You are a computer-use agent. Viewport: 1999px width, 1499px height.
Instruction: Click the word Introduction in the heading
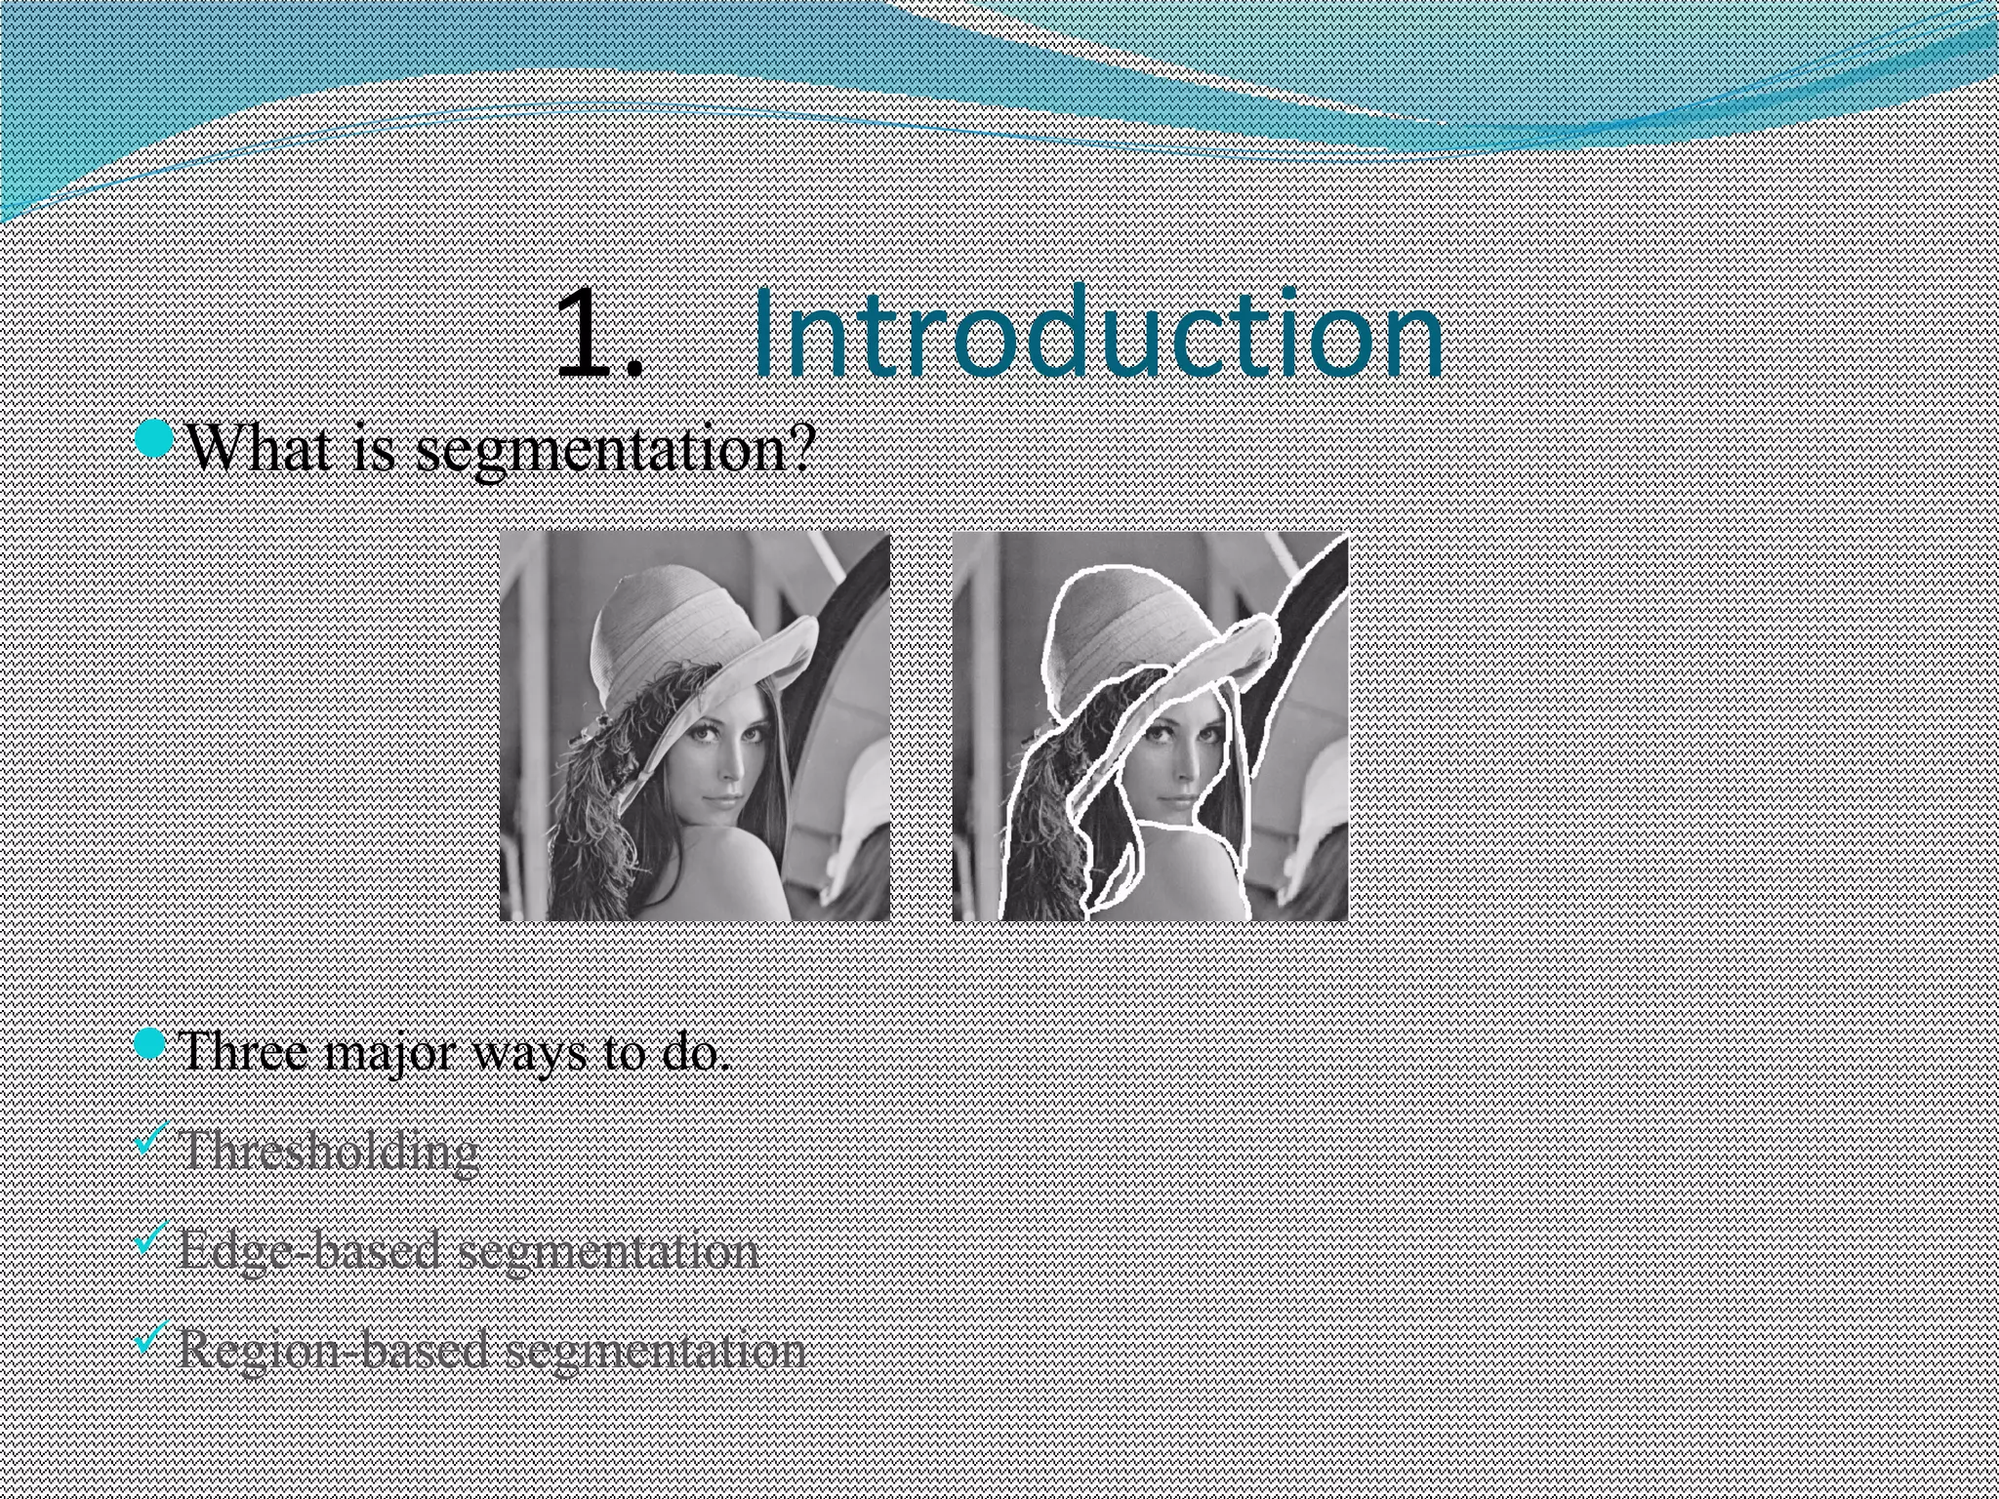[x=1097, y=334]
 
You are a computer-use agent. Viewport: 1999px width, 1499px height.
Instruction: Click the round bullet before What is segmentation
[x=154, y=439]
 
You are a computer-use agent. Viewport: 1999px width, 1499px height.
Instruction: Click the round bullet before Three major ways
[x=152, y=1045]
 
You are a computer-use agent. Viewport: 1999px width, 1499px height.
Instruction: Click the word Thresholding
[x=330, y=1152]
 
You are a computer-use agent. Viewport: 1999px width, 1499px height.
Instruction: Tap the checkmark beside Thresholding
[x=151, y=1137]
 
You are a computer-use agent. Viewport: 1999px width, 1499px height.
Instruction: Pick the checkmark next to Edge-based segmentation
[x=151, y=1237]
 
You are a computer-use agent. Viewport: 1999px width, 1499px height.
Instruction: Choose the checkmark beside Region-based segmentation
[x=151, y=1337]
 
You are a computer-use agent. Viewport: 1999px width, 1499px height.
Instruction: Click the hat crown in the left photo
[x=673, y=615]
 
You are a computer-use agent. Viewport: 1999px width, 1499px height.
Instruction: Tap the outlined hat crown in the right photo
[x=1122, y=615]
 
